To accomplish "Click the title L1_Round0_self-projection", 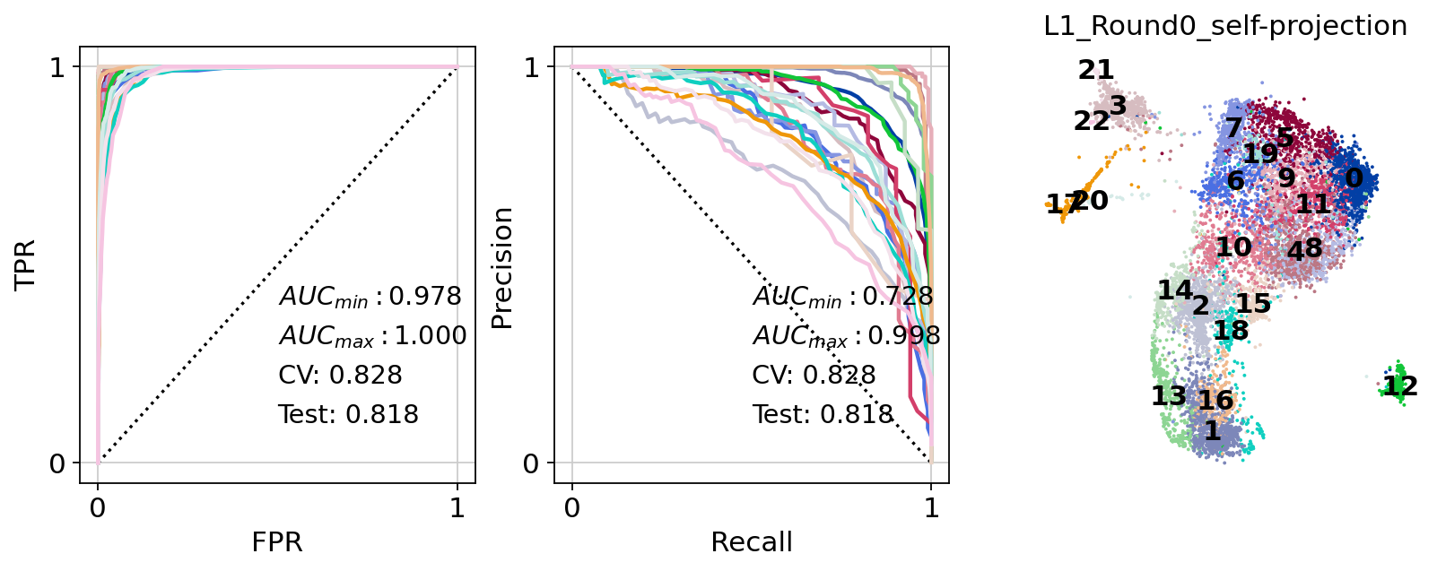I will [x=1225, y=27].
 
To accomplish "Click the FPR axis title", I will [x=277, y=542].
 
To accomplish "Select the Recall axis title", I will [x=752, y=542].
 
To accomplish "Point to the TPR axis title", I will [x=26, y=264].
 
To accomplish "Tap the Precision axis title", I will [x=501, y=268].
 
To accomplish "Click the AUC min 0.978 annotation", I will [x=370, y=297].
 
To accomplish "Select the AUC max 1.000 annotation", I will [x=372, y=336].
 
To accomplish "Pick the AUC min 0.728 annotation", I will [x=843, y=297].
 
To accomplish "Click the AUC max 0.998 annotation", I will [x=846, y=336].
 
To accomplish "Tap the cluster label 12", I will [x=1399, y=386].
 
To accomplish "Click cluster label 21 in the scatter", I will [x=1095, y=70].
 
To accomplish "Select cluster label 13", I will [x=1168, y=395].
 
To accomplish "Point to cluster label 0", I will [x=1354, y=178].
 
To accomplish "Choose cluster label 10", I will [x=1233, y=247].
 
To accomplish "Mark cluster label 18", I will [x=1231, y=331].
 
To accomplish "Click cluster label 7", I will [x=1233, y=128].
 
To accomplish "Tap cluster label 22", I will [x=1092, y=121].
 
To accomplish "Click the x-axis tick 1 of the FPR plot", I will [x=457, y=509].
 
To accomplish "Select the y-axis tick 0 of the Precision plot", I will [x=531, y=464].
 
